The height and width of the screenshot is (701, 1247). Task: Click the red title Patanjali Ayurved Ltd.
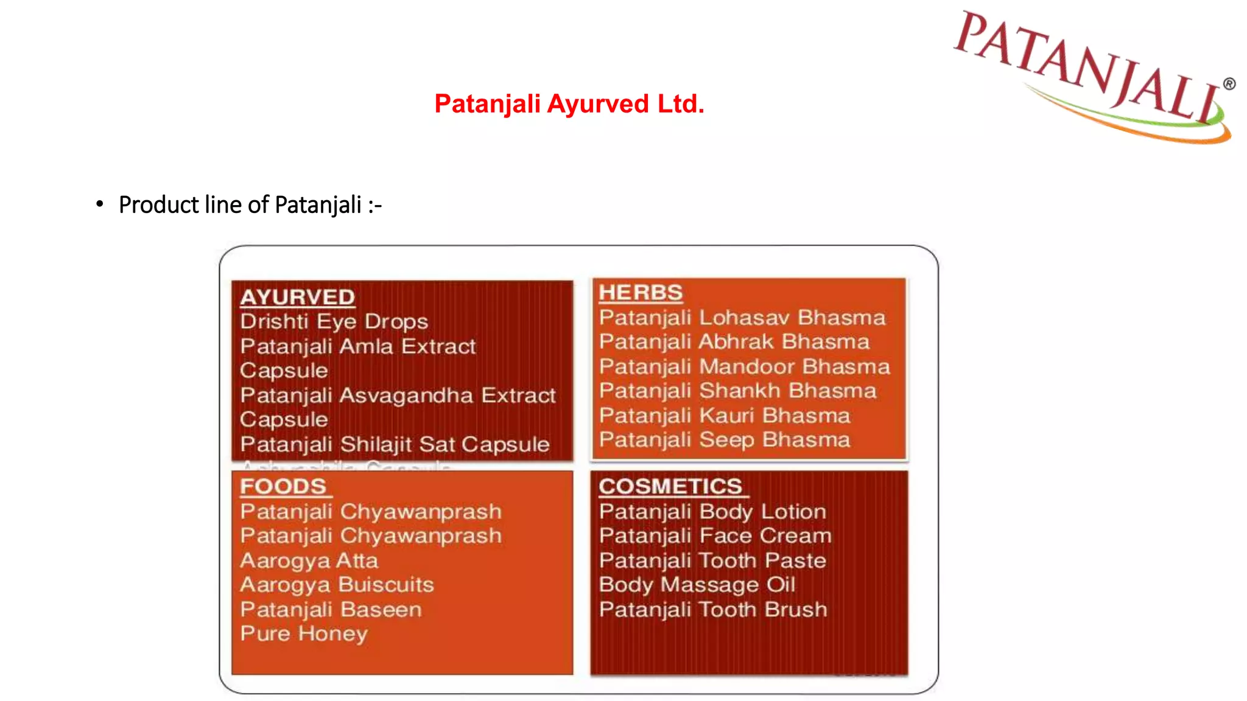[569, 104]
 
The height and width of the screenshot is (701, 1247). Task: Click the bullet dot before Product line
[100, 204]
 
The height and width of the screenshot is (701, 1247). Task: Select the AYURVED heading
[297, 297]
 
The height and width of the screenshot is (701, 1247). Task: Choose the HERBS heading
[641, 293]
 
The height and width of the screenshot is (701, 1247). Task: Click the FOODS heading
[283, 487]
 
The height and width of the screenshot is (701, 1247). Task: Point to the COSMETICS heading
[670, 487]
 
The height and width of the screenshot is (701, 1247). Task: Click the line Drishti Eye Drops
[334, 322]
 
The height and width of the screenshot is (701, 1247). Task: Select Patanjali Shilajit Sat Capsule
[395, 445]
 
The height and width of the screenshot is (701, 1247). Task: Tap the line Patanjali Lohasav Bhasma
[742, 318]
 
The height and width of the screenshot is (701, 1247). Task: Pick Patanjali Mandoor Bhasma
[744, 367]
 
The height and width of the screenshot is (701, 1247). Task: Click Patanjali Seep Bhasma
[724, 440]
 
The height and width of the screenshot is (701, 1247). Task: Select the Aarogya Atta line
[309, 560]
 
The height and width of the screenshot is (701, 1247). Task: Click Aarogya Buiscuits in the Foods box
[337, 585]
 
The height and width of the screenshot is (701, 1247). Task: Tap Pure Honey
[304, 634]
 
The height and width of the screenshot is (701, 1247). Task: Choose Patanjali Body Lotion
[712, 512]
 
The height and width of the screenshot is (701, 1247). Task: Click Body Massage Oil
[697, 585]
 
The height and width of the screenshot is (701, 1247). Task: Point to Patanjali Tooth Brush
[713, 610]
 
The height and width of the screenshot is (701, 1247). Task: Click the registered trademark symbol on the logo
[1229, 84]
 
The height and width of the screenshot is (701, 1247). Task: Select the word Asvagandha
[406, 396]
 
